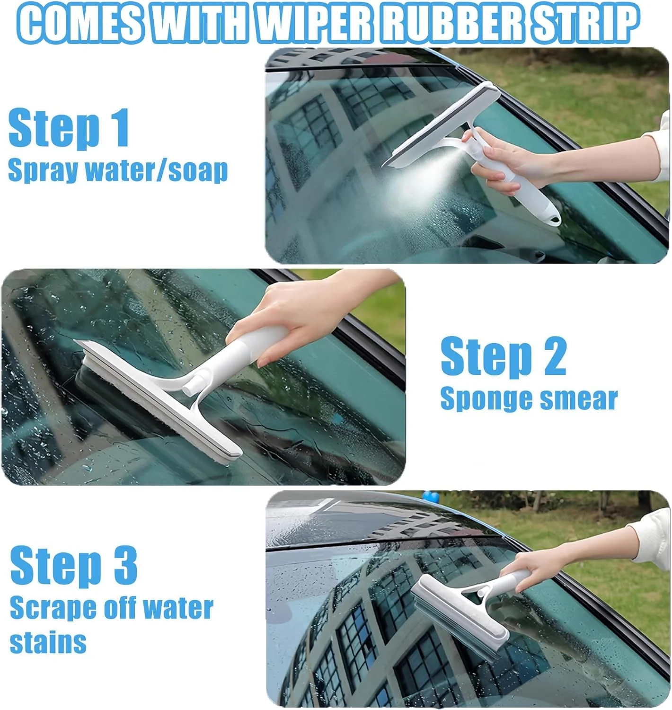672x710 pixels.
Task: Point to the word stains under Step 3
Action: (x=48, y=642)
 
